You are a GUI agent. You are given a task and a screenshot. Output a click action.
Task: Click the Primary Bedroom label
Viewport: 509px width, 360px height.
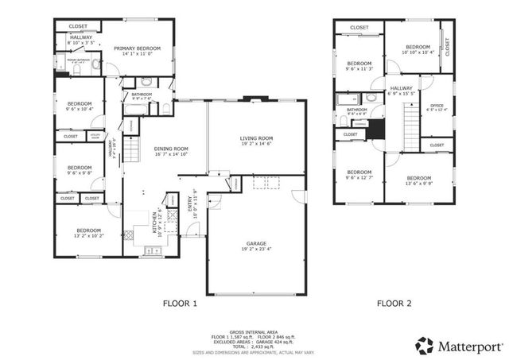137,48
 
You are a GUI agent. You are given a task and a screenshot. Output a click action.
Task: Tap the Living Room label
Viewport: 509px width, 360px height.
256,139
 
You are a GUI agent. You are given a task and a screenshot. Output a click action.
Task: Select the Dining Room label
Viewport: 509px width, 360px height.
170,149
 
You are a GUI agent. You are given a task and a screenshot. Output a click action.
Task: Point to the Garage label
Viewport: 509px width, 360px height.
255,243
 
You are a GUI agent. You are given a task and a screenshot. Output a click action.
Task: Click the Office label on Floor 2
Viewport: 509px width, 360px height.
437,106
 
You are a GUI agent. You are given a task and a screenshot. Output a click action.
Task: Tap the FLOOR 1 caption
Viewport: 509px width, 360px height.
181,303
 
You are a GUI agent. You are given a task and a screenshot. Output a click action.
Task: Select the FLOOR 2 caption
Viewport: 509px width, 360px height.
394,303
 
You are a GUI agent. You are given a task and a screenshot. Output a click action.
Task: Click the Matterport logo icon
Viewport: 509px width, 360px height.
425,345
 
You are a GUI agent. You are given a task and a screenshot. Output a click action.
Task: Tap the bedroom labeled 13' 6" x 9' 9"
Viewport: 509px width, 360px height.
418,178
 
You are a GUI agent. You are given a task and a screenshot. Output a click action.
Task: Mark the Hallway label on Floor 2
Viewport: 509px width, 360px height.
402,88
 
